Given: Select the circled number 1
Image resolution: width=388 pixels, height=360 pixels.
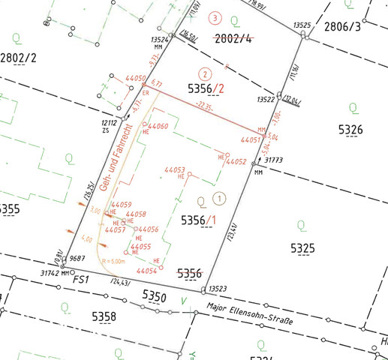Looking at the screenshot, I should click(218, 199).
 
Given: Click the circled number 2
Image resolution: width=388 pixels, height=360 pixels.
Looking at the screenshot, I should click(203, 74).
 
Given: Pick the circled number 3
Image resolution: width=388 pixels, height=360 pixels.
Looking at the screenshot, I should click(216, 17).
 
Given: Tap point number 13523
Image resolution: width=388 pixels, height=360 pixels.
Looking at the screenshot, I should click(218, 288).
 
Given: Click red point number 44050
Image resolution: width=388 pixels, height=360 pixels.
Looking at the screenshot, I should click(135, 78).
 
